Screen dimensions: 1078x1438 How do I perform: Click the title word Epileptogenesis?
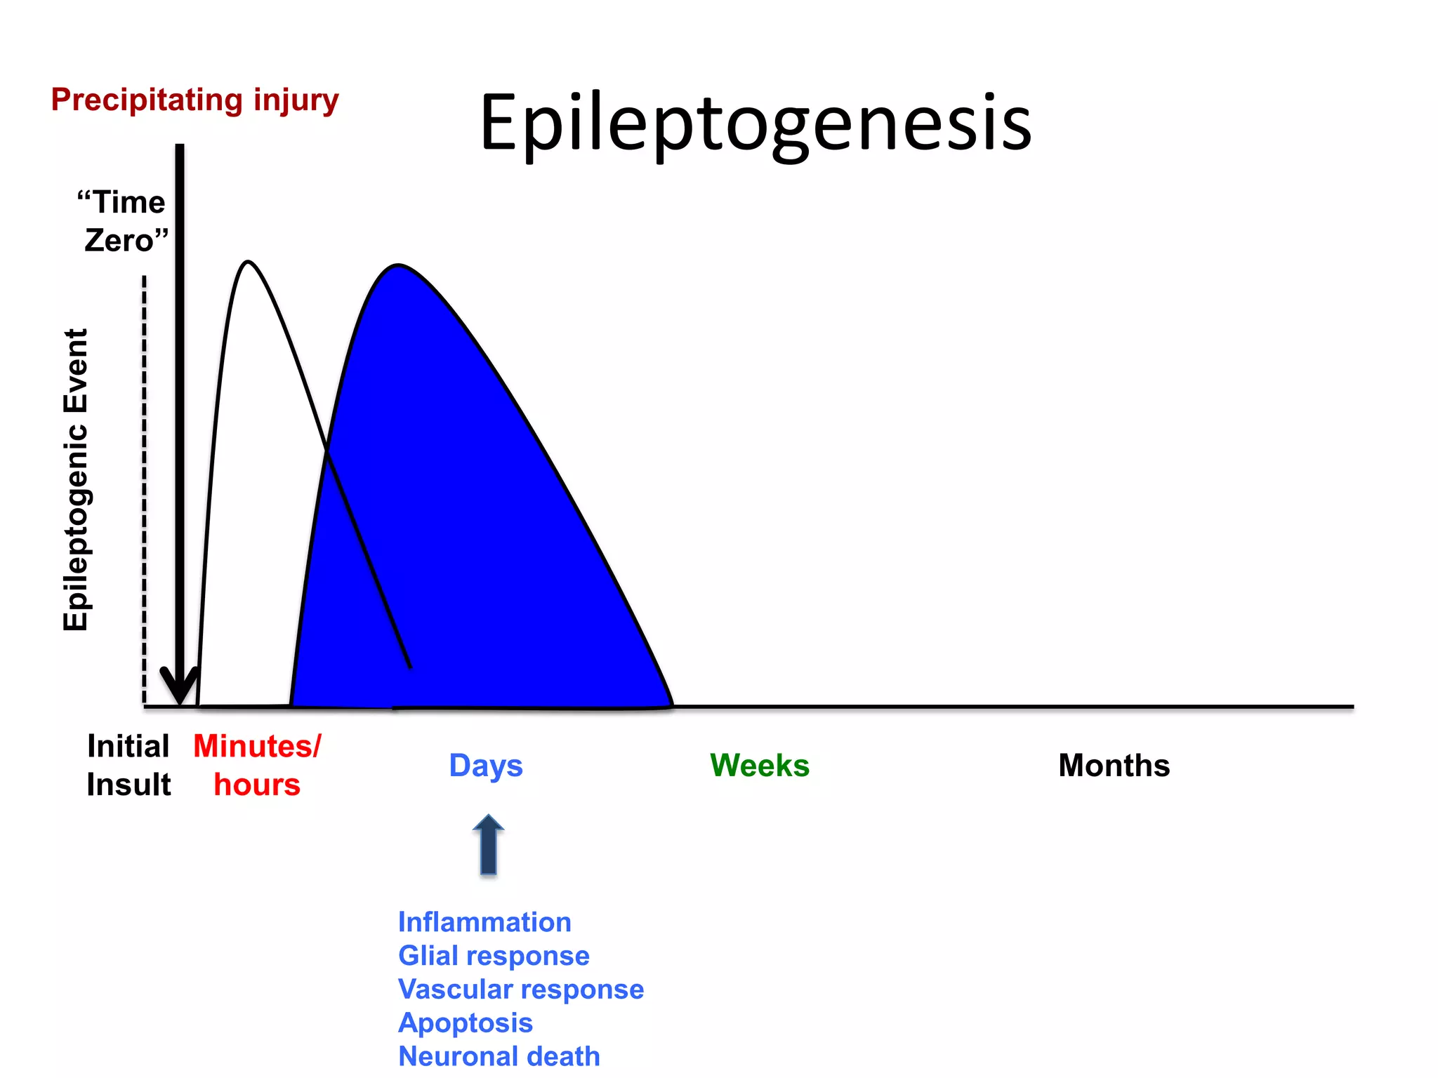[x=756, y=123]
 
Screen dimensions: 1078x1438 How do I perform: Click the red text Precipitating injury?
[x=194, y=100]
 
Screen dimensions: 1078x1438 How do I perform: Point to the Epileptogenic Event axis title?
[x=76, y=480]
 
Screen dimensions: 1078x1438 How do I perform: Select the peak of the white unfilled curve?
[x=248, y=262]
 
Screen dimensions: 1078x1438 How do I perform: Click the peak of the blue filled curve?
[x=398, y=267]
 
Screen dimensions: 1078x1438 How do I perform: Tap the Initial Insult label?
[x=128, y=765]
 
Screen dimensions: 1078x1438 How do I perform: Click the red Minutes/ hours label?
[x=257, y=765]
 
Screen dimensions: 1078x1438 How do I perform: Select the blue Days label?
[x=486, y=766]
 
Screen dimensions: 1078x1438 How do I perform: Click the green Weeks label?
[x=760, y=765]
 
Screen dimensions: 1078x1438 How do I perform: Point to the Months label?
[x=1114, y=765]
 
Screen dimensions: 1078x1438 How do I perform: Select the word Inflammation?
[x=484, y=922]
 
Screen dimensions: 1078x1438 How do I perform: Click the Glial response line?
[x=494, y=956]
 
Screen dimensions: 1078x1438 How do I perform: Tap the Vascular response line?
[x=520, y=990]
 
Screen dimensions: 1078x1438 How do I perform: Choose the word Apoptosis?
[x=466, y=1023]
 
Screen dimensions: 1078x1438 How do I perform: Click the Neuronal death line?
[x=499, y=1056]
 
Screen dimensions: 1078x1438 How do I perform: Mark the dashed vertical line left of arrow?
[x=145, y=491]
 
